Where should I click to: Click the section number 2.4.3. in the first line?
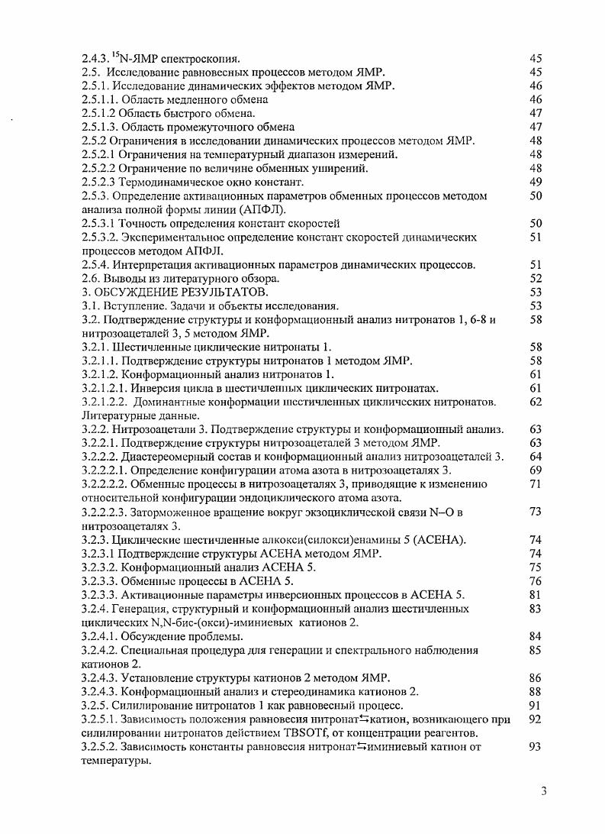[x=97, y=59]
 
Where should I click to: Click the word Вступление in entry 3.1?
[x=130, y=306]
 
